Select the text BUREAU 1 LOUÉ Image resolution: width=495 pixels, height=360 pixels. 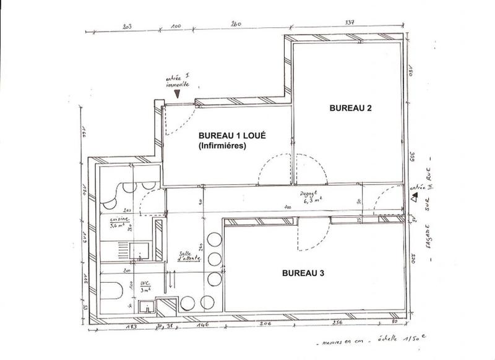(x=232, y=135)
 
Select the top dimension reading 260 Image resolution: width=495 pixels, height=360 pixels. (x=235, y=25)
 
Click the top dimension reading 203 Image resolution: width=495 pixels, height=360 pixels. (x=128, y=27)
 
